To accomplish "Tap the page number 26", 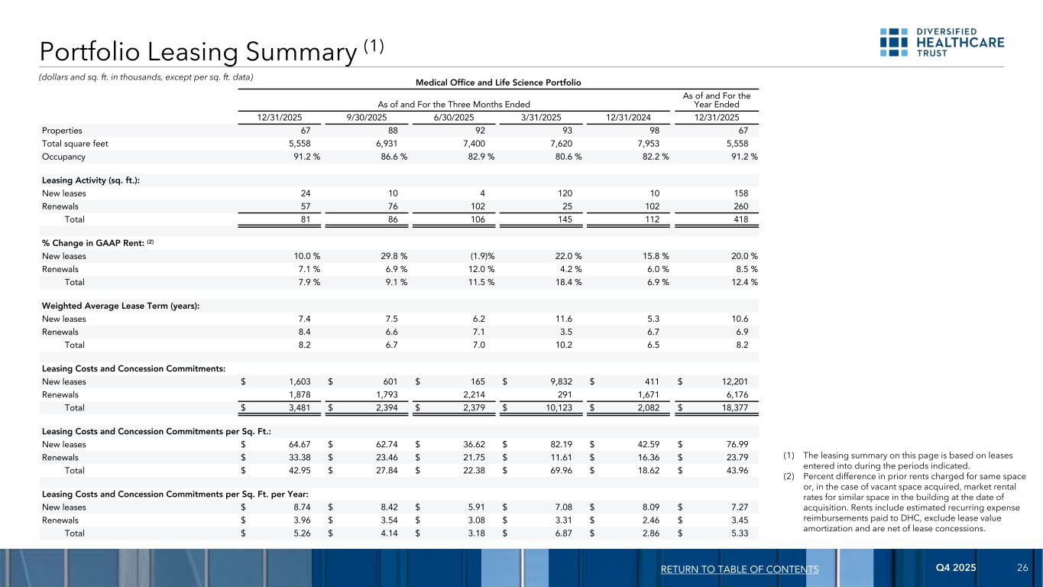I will [1022, 569].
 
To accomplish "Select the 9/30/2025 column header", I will [368, 117].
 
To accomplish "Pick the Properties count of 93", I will [566, 131].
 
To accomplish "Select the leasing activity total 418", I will [740, 219].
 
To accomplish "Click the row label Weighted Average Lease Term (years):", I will [111, 305].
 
